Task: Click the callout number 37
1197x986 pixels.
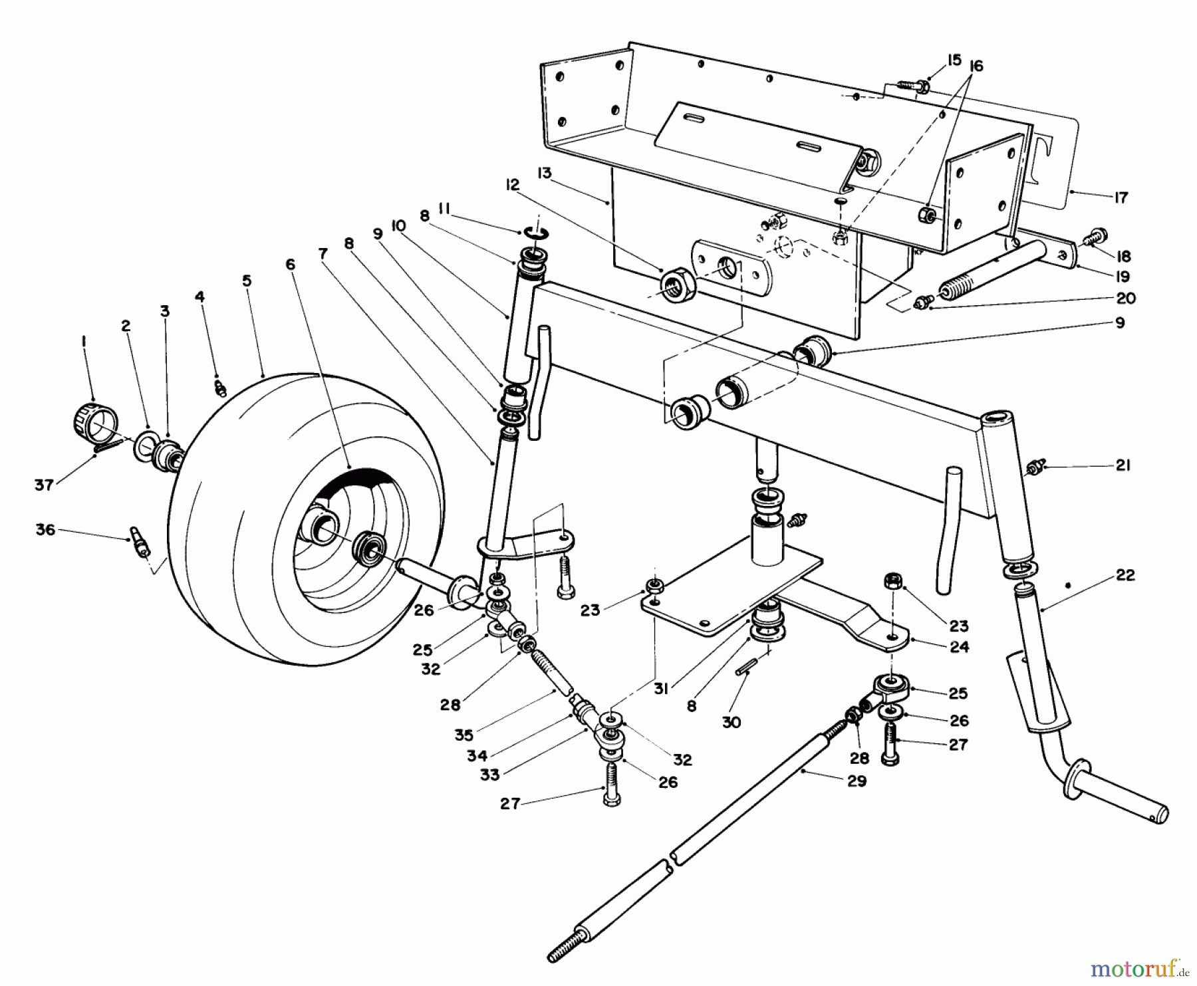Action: (x=44, y=485)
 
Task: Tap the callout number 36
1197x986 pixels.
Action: (x=45, y=530)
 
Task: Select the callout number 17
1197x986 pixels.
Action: (x=1121, y=197)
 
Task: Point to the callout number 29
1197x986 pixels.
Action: (x=857, y=781)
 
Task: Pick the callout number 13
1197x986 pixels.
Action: (x=545, y=174)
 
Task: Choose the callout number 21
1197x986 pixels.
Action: (x=1123, y=465)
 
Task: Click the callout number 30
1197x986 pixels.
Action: (x=731, y=722)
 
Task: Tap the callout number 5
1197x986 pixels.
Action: (x=247, y=281)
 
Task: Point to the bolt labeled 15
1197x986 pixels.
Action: (x=913, y=86)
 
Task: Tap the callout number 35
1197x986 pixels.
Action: (x=464, y=735)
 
